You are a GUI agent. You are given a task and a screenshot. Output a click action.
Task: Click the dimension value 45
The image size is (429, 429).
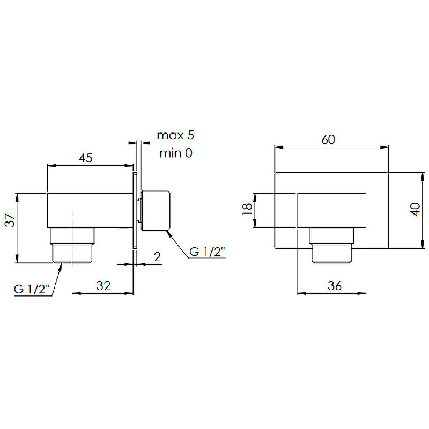pos(86,158)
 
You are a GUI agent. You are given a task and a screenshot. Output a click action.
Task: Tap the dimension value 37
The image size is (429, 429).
pos(10,220)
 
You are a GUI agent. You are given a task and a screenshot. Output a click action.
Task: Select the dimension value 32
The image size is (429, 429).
pos(103,286)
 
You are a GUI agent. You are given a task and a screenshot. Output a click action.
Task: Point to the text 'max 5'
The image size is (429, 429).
pos(175,135)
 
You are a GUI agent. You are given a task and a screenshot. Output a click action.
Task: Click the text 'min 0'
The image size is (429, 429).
pos(176,153)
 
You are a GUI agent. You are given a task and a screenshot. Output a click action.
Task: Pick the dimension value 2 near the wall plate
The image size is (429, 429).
pos(157,257)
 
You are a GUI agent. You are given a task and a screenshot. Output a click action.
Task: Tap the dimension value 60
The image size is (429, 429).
pos(328,139)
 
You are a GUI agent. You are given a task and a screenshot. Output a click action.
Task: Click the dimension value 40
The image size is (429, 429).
pos(416,210)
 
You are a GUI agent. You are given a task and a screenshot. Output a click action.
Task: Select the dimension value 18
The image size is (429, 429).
pos(247,209)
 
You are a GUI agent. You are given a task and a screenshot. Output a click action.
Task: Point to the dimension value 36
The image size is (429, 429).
pos(335,286)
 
